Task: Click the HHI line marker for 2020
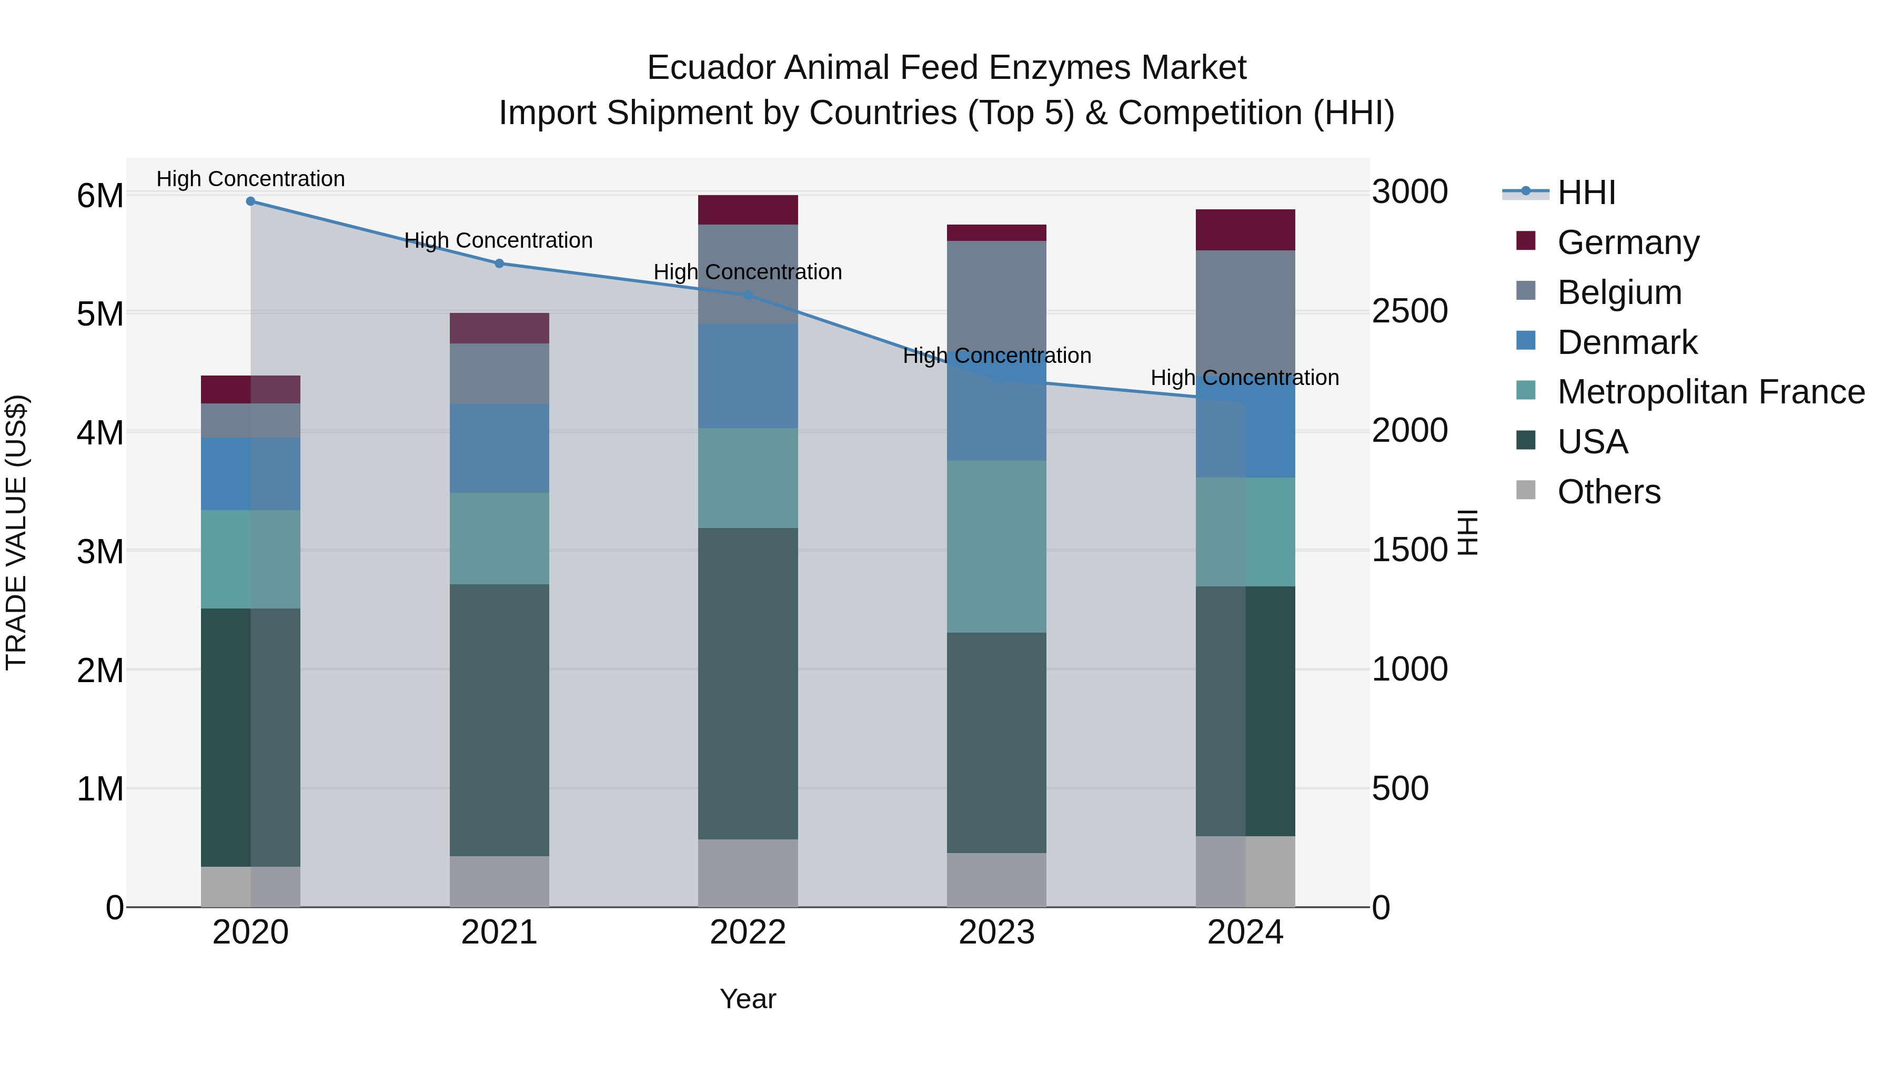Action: [x=251, y=201]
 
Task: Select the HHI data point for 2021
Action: [x=499, y=263]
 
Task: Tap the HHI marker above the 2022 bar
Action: [x=748, y=295]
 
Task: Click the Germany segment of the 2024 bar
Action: [x=1245, y=230]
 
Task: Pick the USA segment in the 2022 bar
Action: [x=748, y=684]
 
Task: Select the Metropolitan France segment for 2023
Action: [x=996, y=547]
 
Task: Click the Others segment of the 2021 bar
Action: [x=499, y=881]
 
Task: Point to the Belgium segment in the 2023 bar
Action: [x=996, y=294]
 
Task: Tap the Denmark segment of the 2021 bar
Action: [x=499, y=448]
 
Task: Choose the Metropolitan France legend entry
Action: [x=1710, y=392]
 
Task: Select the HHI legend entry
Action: [x=1586, y=192]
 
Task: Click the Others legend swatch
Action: [x=1526, y=490]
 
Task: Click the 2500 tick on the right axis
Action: [x=1409, y=312]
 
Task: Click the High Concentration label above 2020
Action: [x=251, y=179]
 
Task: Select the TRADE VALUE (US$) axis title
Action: [x=16, y=532]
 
